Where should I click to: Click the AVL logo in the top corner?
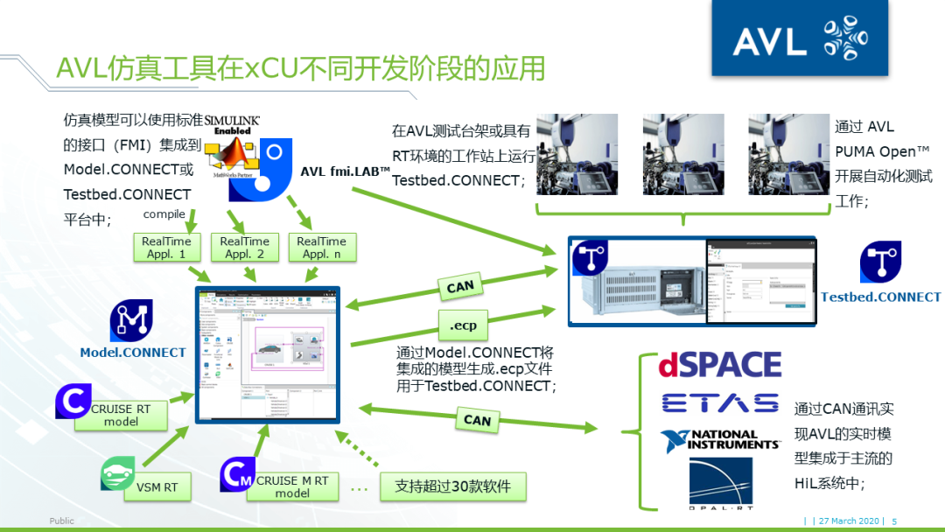click(800, 41)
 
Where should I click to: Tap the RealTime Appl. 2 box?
click(244, 248)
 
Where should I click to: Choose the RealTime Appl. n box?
click(321, 248)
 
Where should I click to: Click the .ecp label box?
click(463, 325)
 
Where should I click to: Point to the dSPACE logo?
click(719, 365)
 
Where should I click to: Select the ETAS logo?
click(719, 402)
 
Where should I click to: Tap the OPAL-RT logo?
click(719, 484)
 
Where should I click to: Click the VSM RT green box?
click(155, 487)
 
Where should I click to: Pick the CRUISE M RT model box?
click(292, 486)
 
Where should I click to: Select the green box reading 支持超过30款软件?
click(452, 486)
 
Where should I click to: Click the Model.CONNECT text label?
click(133, 353)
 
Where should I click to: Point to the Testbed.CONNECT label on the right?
click(880, 297)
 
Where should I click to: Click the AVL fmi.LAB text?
click(345, 171)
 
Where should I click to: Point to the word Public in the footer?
click(61, 521)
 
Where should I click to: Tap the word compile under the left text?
click(164, 214)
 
